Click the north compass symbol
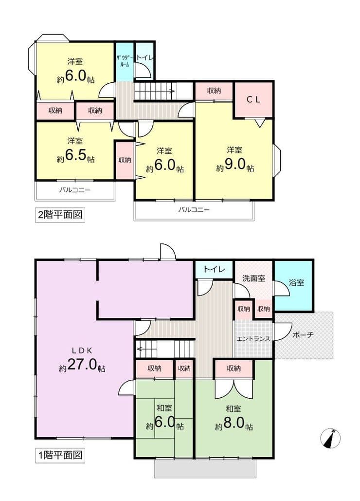click(330, 438)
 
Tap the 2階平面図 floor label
click(60, 214)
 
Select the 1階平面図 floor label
click(60, 454)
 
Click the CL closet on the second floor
click(254, 99)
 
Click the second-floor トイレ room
click(144, 61)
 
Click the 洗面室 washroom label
click(254, 278)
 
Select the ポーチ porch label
click(303, 335)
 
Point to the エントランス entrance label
click(253, 339)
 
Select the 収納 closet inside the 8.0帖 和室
click(234, 369)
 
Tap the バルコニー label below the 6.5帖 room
click(75, 190)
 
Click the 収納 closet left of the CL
click(214, 91)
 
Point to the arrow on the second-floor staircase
click(155, 91)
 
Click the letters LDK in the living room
click(82, 351)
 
